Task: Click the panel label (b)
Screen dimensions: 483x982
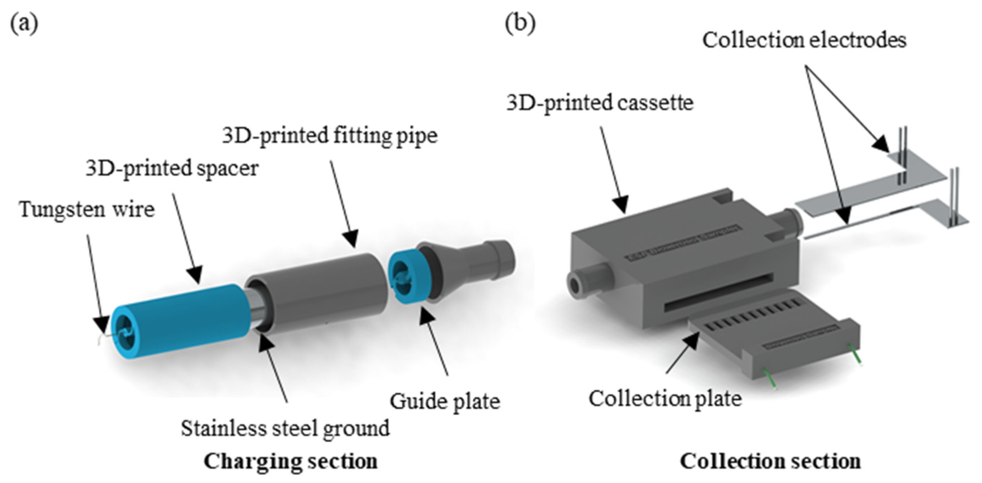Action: (520, 24)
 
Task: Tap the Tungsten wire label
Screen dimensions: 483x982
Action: (87, 209)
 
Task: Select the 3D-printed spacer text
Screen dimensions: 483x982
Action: (172, 168)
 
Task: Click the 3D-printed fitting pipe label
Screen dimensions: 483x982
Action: (330, 135)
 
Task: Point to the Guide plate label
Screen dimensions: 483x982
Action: (444, 401)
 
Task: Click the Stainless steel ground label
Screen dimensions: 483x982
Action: (285, 428)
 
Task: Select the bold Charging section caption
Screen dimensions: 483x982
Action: (291, 461)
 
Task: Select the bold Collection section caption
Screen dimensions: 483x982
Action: (770, 461)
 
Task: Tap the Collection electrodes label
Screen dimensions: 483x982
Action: (804, 40)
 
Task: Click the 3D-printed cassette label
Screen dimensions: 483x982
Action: (600, 103)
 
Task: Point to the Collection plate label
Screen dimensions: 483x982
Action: (665, 399)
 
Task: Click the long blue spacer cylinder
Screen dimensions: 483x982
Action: (183, 320)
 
